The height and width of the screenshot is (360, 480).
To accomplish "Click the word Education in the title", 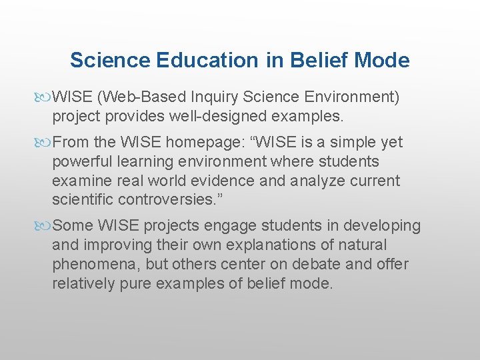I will coord(207,61).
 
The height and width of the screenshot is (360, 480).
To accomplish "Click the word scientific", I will coord(83,200).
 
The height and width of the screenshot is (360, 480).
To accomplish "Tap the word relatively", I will coord(83,283).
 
